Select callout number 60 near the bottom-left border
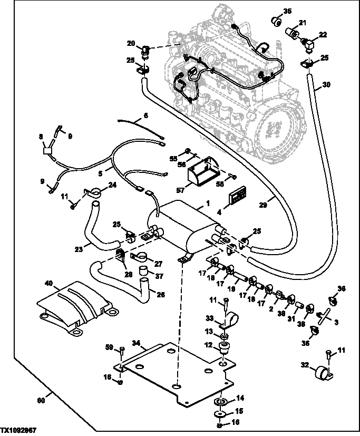41,400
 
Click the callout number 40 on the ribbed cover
48,283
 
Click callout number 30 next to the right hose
326,84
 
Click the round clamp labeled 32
322,373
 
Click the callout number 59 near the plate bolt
109,347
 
